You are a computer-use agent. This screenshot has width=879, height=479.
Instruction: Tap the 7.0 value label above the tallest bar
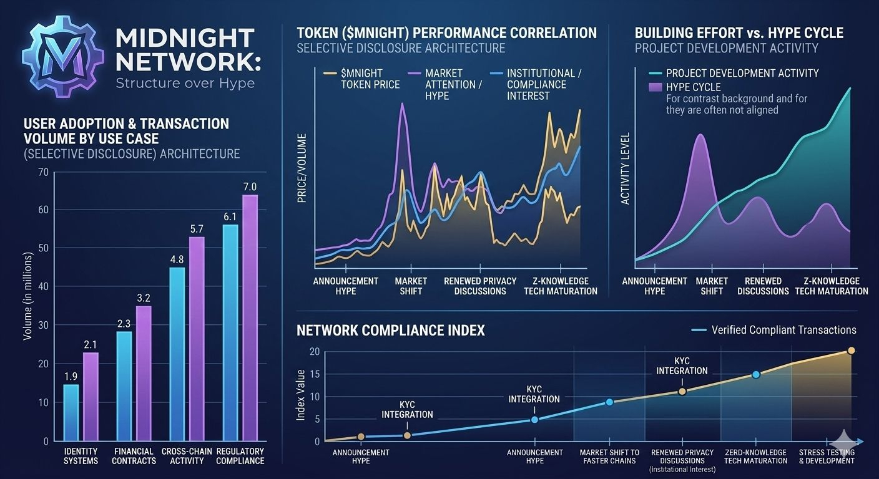pos(250,186)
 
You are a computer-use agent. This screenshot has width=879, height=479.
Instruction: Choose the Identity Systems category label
pos(81,456)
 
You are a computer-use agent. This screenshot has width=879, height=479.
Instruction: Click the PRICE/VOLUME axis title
pos(302,168)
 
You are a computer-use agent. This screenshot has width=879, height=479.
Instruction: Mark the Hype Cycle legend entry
pos(693,87)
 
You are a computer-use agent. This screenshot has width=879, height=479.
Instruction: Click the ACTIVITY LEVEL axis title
pos(626,168)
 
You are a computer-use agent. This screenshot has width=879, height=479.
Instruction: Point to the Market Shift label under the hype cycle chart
pos(712,286)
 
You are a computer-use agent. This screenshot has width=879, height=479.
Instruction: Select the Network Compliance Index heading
pos(390,331)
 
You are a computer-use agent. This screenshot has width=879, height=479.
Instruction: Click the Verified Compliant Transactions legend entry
pos(783,330)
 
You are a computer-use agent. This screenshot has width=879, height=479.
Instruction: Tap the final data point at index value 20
pos(851,351)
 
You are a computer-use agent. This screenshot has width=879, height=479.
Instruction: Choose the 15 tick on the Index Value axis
pos(315,374)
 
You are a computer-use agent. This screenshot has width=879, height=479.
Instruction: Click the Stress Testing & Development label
pos(827,457)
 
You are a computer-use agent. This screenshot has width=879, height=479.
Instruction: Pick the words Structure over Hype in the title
pos(185,83)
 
